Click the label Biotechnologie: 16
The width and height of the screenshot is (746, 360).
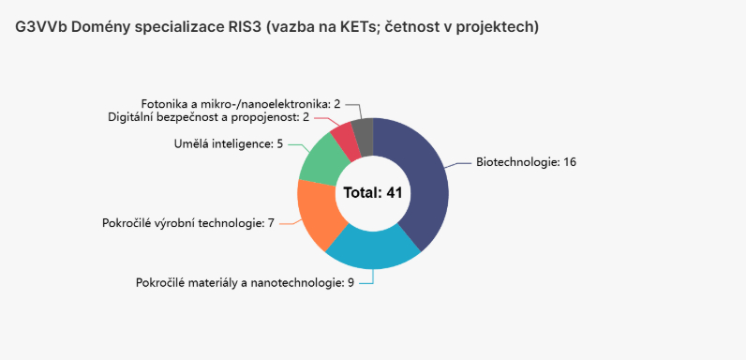pos(526,162)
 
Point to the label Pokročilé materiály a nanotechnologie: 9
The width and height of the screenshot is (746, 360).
pos(245,282)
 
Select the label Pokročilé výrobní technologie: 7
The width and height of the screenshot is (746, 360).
pos(187,223)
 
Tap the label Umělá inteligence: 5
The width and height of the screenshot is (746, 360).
pos(229,144)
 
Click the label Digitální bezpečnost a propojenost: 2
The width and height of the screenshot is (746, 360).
pos(208,117)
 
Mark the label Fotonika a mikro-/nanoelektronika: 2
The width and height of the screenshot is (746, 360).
pos(241,103)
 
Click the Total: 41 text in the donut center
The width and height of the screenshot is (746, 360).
pos(373,193)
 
